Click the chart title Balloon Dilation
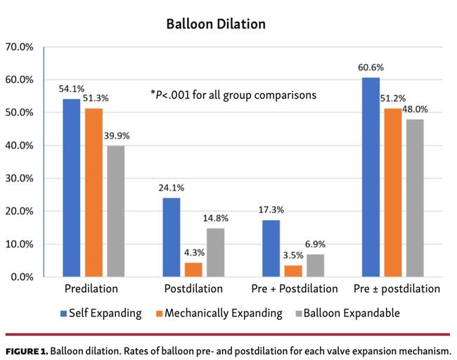tap(216, 24)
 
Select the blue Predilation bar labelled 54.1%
tap(72, 188)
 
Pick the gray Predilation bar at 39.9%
tap(115, 211)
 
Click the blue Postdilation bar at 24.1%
tap(171, 237)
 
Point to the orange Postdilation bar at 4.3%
tap(193, 270)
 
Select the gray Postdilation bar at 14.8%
tap(215, 252)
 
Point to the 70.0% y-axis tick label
tap(20, 47)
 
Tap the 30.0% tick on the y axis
tap(20, 179)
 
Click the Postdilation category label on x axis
tap(193, 289)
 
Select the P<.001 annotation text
tap(233, 94)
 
